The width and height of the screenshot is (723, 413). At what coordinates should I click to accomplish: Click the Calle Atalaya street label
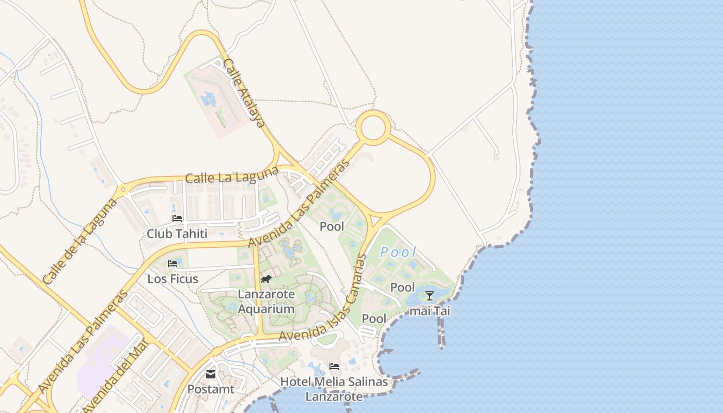(x=244, y=93)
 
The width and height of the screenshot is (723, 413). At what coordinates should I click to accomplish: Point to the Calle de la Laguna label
(x=80, y=242)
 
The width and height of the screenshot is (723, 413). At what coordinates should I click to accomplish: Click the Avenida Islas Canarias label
(x=323, y=298)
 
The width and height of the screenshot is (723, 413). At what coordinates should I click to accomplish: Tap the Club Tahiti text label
(x=177, y=234)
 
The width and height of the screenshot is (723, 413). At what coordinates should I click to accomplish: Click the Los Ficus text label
(x=173, y=279)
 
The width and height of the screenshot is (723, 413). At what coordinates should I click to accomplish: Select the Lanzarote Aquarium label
(x=266, y=302)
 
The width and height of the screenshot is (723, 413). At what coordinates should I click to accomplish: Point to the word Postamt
(x=211, y=389)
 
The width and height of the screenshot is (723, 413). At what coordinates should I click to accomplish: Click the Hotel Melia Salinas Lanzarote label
(x=334, y=389)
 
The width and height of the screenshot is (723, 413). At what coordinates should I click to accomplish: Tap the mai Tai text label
(x=430, y=311)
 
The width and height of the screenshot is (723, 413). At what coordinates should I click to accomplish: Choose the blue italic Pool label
(x=398, y=252)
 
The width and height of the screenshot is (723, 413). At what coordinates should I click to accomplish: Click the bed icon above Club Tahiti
(x=177, y=218)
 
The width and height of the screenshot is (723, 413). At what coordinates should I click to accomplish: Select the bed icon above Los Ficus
(x=172, y=264)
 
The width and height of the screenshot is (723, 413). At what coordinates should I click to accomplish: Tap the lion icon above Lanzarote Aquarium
(x=266, y=279)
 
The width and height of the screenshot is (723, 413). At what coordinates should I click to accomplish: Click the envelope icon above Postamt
(x=211, y=374)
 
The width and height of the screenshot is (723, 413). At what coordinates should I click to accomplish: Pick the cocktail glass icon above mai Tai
(x=429, y=296)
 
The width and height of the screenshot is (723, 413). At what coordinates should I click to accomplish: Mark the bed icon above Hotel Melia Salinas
(x=334, y=367)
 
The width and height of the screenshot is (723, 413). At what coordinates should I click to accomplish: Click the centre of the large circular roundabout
(x=373, y=128)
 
